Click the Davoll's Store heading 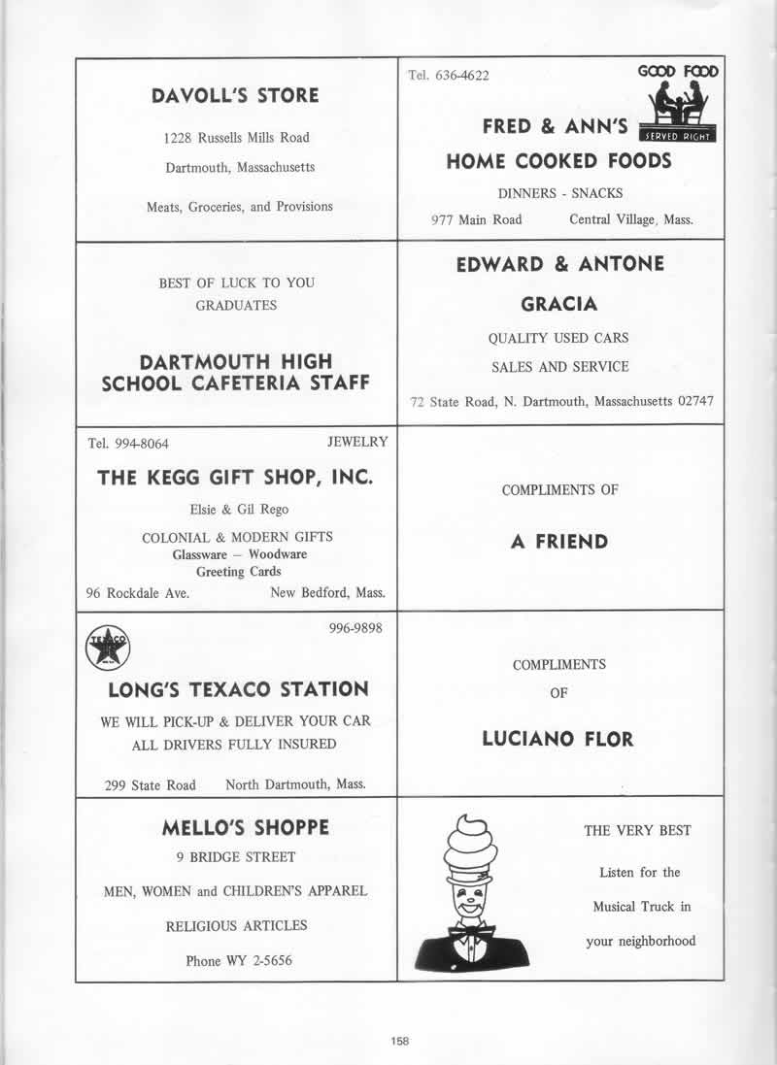point(235,95)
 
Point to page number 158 point(400,1040)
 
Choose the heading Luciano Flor point(557,739)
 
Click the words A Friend point(559,541)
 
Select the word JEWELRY point(357,442)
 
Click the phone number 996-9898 point(356,628)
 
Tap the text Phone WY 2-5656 point(239,961)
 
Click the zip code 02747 point(690,402)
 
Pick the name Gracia point(559,304)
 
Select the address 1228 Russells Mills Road point(236,138)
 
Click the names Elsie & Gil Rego point(238,509)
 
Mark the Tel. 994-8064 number point(128,444)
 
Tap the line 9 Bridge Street point(236,857)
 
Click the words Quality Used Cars point(558,338)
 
